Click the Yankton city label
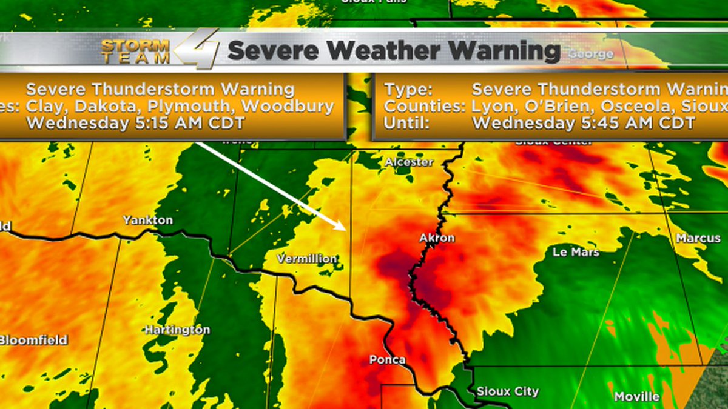147,220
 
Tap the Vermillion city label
307,259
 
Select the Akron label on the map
437,238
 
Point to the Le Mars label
576,251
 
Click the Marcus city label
698,238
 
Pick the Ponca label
387,360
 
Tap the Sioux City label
508,391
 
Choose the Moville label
637,397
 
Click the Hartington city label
177,330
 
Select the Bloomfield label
33,340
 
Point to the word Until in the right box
403,123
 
